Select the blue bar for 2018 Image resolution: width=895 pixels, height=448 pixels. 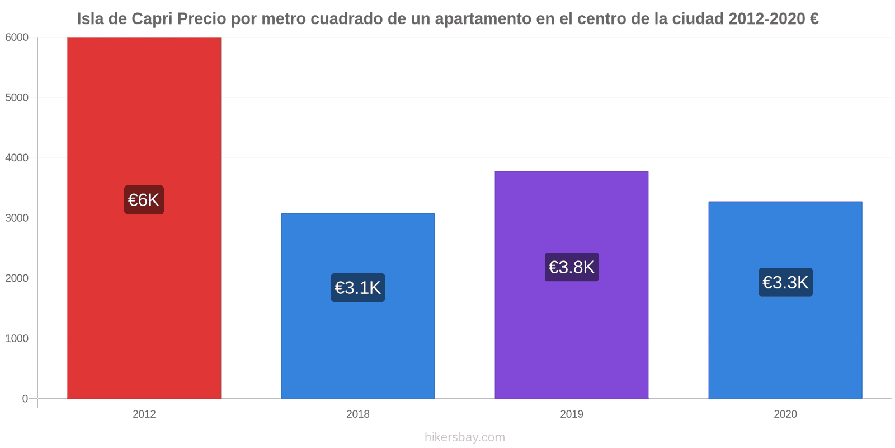click(357, 347)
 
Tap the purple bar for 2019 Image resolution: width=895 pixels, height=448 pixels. click(571, 336)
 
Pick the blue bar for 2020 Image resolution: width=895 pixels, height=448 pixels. click(785, 347)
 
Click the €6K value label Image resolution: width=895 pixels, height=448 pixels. click(144, 200)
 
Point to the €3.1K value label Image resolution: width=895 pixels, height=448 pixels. click(357, 288)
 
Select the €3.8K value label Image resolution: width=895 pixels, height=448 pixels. click(571, 267)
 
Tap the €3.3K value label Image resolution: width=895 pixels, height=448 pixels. click(785, 282)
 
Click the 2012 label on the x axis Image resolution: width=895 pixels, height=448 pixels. click(144, 414)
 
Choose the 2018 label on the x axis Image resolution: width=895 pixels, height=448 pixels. click(357, 414)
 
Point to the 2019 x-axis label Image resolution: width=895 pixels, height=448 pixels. click(571, 414)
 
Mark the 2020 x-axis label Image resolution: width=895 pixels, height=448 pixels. click(785, 414)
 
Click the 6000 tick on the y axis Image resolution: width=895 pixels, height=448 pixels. click(17, 38)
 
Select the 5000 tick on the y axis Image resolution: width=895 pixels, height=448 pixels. click(17, 97)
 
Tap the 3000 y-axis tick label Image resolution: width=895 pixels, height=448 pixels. click(17, 218)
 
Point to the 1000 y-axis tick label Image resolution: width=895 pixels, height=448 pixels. click(17, 339)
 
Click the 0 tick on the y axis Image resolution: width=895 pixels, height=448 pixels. click(25, 399)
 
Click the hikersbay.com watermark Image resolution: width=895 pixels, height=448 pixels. click(464, 437)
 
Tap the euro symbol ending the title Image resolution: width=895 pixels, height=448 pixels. click(814, 19)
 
